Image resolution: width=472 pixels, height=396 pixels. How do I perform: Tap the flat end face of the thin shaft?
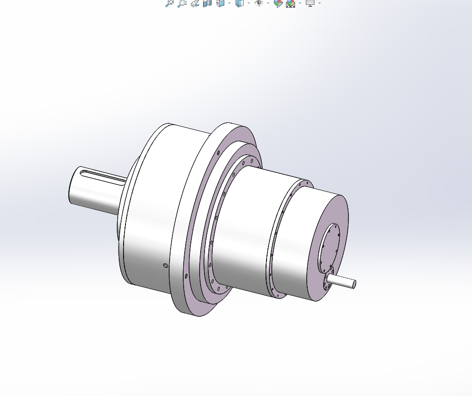(354, 284)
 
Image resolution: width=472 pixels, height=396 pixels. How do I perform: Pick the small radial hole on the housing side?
(166, 265)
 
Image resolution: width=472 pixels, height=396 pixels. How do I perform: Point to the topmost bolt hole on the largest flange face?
(219, 152)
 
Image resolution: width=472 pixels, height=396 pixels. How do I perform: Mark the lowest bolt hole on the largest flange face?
(186, 276)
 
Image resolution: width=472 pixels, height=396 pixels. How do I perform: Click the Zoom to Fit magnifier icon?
(170, 3)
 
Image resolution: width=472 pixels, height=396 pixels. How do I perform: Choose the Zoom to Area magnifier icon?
(182, 3)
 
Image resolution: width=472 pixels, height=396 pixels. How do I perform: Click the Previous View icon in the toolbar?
(195, 3)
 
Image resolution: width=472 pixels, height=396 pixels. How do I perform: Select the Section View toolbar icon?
(207, 3)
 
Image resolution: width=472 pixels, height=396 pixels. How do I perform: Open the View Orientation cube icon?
(220, 3)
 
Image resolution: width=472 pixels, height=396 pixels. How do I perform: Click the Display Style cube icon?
(239, 3)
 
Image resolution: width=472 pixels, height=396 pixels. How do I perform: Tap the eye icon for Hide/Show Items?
(259, 3)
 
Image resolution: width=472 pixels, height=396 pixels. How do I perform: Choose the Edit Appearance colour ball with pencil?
(278, 3)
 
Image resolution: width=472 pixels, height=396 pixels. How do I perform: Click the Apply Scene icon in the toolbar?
(291, 3)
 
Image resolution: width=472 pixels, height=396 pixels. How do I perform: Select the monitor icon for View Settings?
(310, 3)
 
